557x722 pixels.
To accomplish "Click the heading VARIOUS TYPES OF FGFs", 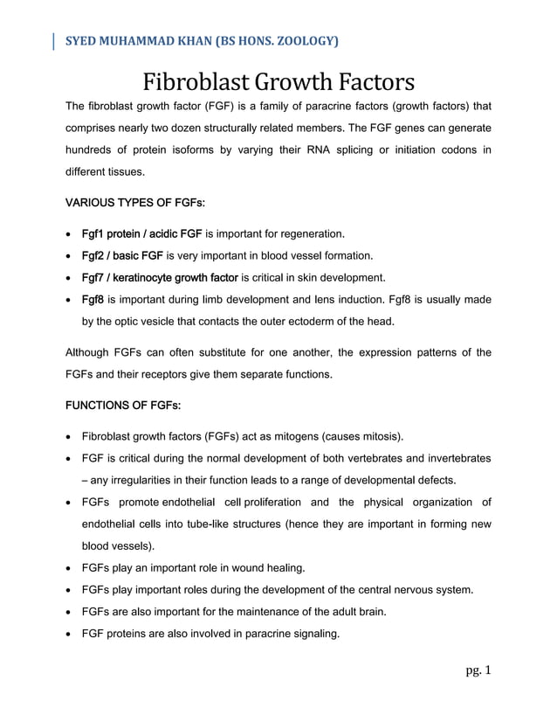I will [x=135, y=203].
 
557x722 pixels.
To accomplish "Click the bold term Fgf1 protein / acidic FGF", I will [x=141, y=233].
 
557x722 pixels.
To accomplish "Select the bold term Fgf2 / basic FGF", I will [x=122, y=256].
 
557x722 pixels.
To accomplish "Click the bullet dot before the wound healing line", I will [x=70, y=569].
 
